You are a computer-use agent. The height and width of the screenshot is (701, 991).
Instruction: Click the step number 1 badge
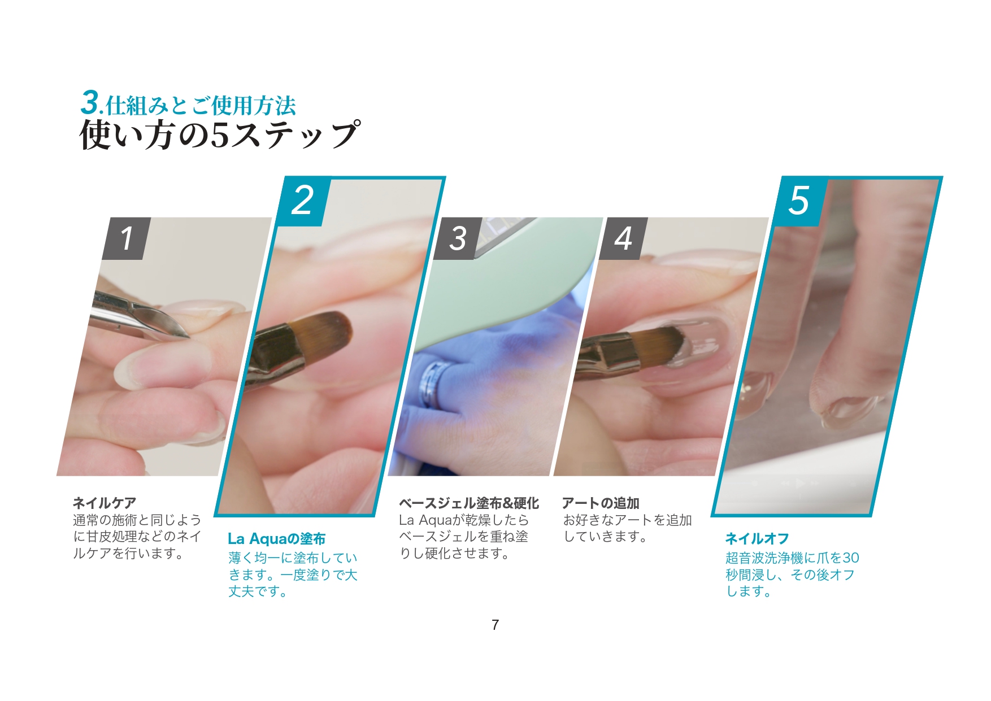click(127, 238)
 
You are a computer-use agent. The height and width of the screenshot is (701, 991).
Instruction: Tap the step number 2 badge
click(303, 201)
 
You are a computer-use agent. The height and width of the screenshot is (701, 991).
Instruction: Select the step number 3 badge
click(458, 238)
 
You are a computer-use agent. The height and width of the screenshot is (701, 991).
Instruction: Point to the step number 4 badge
click(623, 238)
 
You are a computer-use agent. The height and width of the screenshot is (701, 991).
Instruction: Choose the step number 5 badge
click(800, 201)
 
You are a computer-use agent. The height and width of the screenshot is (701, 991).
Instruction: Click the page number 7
click(495, 625)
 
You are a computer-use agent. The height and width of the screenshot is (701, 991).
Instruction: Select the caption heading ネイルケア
click(105, 503)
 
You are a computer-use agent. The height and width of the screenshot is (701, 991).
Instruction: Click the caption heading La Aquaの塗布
click(276, 539)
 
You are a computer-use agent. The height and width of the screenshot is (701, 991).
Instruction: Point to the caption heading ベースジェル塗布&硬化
click(468, 503)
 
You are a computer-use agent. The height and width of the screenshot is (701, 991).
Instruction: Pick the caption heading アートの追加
click(601, 503)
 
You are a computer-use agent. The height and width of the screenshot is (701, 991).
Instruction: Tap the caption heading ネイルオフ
click(757, 539)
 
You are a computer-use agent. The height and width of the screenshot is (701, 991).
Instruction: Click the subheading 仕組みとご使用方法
click(201, 105)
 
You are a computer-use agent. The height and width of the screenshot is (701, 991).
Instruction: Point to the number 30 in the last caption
click(851, 558)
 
